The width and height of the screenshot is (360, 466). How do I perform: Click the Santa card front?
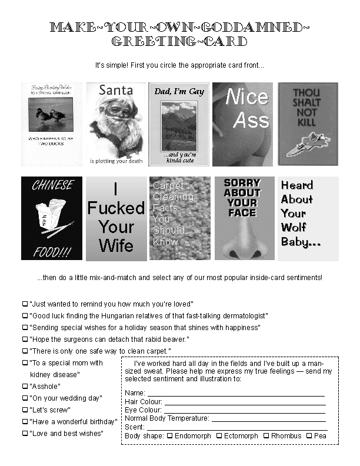tap(116, 124)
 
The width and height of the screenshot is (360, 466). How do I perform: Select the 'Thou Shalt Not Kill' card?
tap(308, 124)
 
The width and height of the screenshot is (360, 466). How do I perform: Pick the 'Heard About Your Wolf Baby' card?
tap(308, 218)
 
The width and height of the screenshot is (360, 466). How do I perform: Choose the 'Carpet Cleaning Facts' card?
tap(179, 218)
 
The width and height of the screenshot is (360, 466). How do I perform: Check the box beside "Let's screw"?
tap(25, 410)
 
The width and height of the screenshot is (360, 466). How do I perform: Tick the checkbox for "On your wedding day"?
tap(25, 398)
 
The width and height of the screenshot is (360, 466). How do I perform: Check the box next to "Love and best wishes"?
tap(25, 434)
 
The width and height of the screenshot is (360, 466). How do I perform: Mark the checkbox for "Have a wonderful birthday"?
tap(25, 421)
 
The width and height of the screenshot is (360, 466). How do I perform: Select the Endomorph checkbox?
tap(169, 436)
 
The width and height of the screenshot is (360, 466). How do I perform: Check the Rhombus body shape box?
tap(266, 436)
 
